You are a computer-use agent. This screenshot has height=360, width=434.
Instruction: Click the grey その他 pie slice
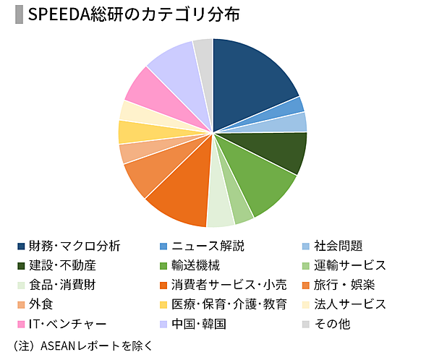tap(204, 53)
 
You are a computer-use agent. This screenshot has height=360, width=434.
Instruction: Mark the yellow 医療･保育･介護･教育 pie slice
tap(130, 132)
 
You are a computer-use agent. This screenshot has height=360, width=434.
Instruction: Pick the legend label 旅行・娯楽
tap(344, 285)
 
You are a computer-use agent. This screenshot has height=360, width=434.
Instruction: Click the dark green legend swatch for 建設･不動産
tap(22, 266)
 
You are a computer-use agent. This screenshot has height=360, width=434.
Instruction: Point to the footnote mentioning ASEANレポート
tap(83, 345)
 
